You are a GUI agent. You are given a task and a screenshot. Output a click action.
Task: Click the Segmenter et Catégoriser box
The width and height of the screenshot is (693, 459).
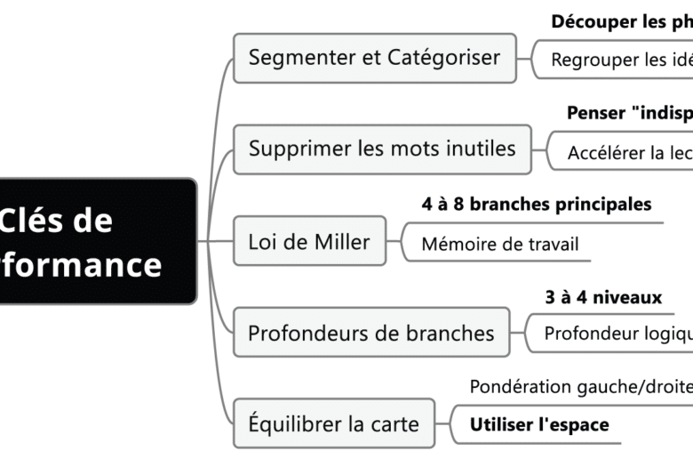374,59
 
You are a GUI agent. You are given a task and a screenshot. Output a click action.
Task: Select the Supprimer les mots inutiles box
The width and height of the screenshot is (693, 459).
382,149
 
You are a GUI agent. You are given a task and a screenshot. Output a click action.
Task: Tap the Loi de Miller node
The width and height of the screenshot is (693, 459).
309,241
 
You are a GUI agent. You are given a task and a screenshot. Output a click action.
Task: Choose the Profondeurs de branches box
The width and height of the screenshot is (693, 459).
371,334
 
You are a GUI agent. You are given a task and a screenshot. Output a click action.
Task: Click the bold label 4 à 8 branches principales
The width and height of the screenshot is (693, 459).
536,205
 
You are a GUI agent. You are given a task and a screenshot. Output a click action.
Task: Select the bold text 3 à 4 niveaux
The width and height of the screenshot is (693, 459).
603,297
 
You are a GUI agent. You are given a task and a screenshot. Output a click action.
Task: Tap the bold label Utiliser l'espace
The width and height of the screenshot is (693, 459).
538,424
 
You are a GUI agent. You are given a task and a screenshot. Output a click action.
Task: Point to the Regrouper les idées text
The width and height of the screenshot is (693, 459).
621,60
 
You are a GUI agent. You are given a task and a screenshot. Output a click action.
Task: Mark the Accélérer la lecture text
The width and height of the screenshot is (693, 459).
629,153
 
